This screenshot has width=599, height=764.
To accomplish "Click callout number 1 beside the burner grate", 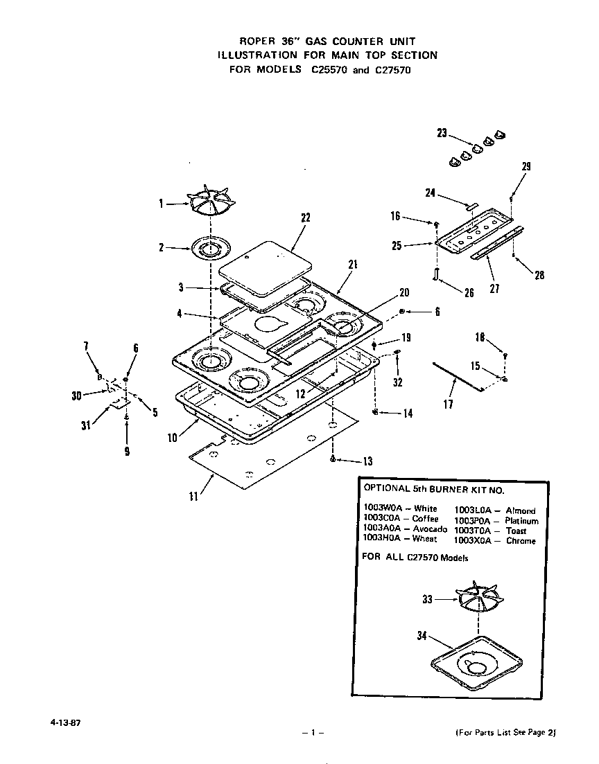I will (161, 204).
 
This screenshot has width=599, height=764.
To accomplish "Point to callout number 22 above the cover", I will (304, 217).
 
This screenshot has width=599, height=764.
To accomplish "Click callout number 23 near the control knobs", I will (442, 134).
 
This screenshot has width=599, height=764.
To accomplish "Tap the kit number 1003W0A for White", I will (384, 508).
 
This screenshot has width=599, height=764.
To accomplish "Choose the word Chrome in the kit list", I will (521, 541).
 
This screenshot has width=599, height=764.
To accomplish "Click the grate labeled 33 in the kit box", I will (478, 596).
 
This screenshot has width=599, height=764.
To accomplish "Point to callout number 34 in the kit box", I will (422, 637).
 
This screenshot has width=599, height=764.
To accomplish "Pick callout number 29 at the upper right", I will (526, 166).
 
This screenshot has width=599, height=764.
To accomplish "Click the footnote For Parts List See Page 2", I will (505, 732).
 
